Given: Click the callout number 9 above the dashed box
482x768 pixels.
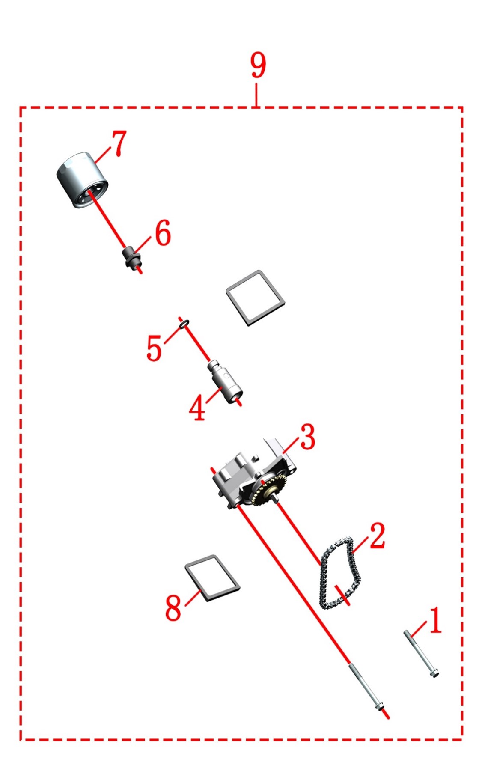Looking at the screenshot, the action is [x=258, y=65].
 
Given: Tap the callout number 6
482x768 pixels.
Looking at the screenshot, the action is [x=163, y=233].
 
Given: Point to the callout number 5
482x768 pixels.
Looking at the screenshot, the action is [x=154, y=348].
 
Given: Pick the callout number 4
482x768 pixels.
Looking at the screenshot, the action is [x=197, y=408].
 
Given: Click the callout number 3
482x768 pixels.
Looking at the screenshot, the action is [x=307, y=437].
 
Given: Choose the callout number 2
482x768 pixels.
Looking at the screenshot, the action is [x=377, y=535].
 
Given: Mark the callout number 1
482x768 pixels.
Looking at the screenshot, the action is [x=435, y=620].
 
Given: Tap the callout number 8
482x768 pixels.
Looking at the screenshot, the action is [x=173, y=607].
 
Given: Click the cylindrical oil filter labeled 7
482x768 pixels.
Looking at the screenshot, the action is [x=82, y=180].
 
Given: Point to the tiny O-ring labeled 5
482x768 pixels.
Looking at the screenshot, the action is [x=184, y=325].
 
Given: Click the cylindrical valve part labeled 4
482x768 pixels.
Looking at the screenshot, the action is [x=225, y=381].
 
